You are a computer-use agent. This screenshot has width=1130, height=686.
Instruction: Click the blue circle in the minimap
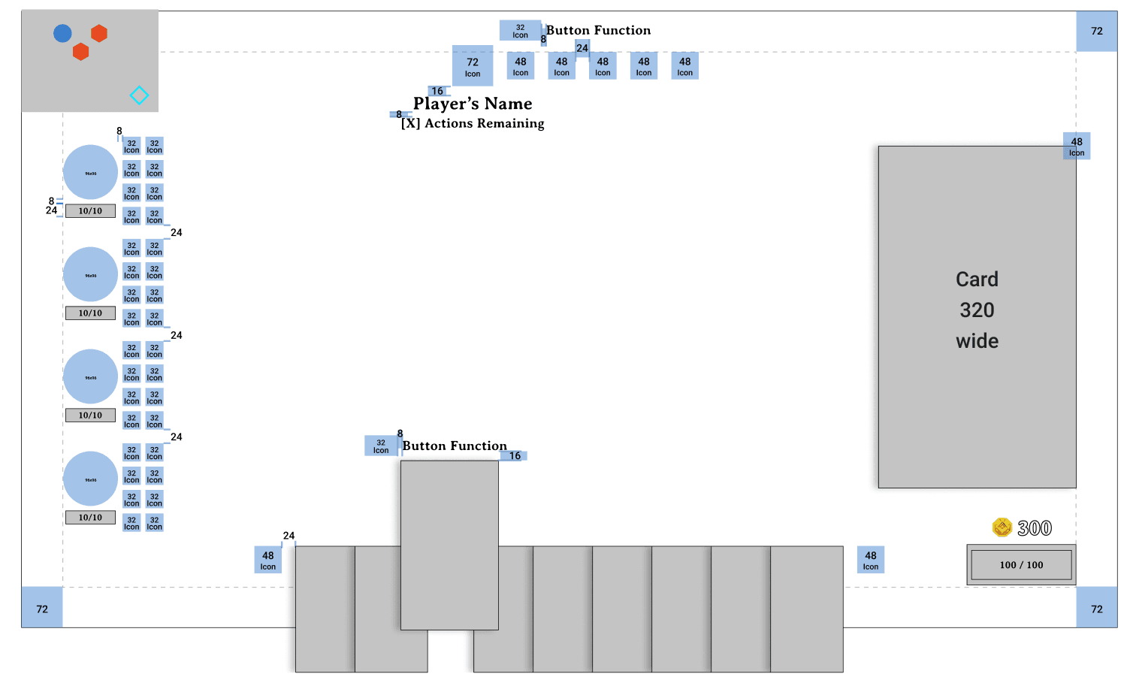coord(62,33)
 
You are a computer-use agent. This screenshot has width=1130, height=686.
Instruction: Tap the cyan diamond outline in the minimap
coord(139,95)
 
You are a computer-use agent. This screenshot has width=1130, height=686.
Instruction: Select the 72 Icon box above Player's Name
coord(473,66)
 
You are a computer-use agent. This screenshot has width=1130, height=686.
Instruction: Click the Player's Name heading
coord(473,104)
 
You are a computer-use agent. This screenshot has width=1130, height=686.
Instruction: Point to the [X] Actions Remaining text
coord(473,123)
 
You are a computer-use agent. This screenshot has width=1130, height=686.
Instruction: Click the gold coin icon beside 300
coord(1002,527)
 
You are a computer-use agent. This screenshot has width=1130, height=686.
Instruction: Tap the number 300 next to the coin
coord(1035,528)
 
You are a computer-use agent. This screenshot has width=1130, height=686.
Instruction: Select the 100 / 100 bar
coord(1021,565)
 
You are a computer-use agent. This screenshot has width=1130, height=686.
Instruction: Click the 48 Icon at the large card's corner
coord(1077,146)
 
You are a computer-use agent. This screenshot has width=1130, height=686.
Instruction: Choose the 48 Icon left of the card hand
coord(268,560)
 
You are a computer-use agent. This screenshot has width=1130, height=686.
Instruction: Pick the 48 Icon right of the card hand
coord(871,560)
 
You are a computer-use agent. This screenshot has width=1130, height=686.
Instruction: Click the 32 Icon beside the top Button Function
coord(520,31)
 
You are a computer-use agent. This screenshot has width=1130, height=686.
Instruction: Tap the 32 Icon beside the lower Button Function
coord(381,446)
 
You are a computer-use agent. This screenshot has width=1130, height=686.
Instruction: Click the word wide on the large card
coord(977,341)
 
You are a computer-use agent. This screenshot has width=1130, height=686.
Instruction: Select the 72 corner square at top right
coord(1097,32)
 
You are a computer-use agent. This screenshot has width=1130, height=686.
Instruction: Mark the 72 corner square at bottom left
coord(42,609)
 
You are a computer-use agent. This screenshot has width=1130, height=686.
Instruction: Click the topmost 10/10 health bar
coord(90,211)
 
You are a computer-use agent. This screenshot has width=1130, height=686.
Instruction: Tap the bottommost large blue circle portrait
coord(90,479)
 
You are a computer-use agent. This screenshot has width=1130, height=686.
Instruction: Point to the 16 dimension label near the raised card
coord(515,456)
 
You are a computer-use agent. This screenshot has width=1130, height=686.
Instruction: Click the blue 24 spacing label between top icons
coord(582,48)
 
